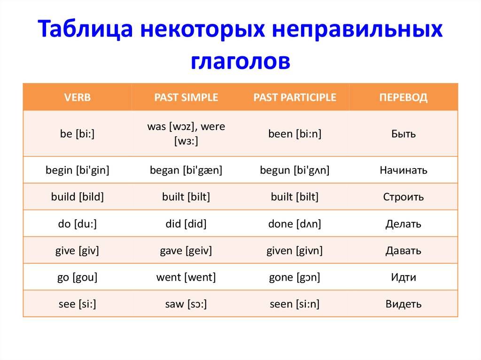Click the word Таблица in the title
[x=85, y=29]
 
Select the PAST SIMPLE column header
[x=186, y=97]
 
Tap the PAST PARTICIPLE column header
[x=295, y=97]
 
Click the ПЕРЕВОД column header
[x=403, y=98]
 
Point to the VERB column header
[x=78, y=97]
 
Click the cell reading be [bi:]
[x=78, y=134]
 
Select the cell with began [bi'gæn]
[x=186, y=170]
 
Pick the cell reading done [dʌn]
[x=295, y=224]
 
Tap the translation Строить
[x=403, y=197]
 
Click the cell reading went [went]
[x=186, y=277]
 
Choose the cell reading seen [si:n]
[x=295, y=304]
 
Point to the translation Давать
[x=403, y=251]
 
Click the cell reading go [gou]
[x=78, y=277]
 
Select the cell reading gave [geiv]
[x=186, y=251]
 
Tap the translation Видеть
[x=403, y=304]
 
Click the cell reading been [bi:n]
[x=295, y=134]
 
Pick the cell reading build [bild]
[x=78, y=197]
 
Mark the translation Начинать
[x=403, y=170]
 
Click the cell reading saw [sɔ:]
[x=186, y=304]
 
